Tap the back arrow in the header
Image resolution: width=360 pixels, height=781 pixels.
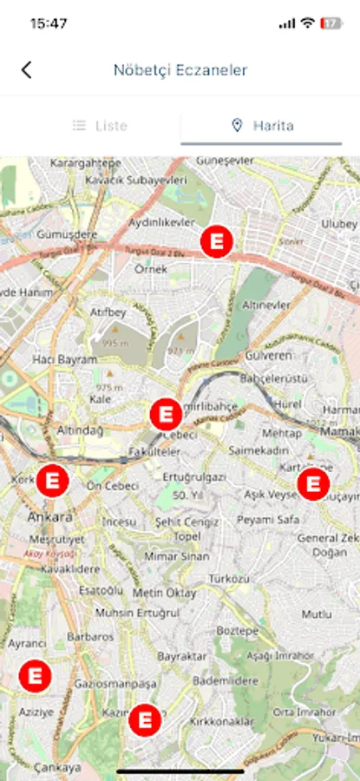[x=26, y=70]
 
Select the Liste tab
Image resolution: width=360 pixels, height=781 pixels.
[x=100, y=126]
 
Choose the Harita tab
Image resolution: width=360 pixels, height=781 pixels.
[x=262, y=126]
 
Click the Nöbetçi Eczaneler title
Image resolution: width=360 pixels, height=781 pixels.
[x=180, y=70]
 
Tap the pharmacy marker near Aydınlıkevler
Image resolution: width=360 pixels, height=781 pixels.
[x=216, y=241]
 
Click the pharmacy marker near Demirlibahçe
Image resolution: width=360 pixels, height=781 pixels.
[x=165, y=415]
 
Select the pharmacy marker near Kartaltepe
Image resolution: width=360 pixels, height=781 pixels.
[x=312, y=484]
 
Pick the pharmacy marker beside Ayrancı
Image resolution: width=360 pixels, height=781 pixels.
[x=35, y=674]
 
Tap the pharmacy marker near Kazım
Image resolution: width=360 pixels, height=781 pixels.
[x=145, y=719]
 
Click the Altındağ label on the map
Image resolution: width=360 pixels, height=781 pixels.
[x=80, y=430]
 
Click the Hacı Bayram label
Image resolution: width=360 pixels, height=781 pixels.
[x=64, y=359]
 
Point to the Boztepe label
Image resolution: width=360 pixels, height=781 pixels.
[x=237, y=630]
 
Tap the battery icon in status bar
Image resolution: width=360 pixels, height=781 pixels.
[x=331, y=23]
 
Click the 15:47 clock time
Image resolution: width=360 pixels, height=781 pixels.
[x=49, y=23]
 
